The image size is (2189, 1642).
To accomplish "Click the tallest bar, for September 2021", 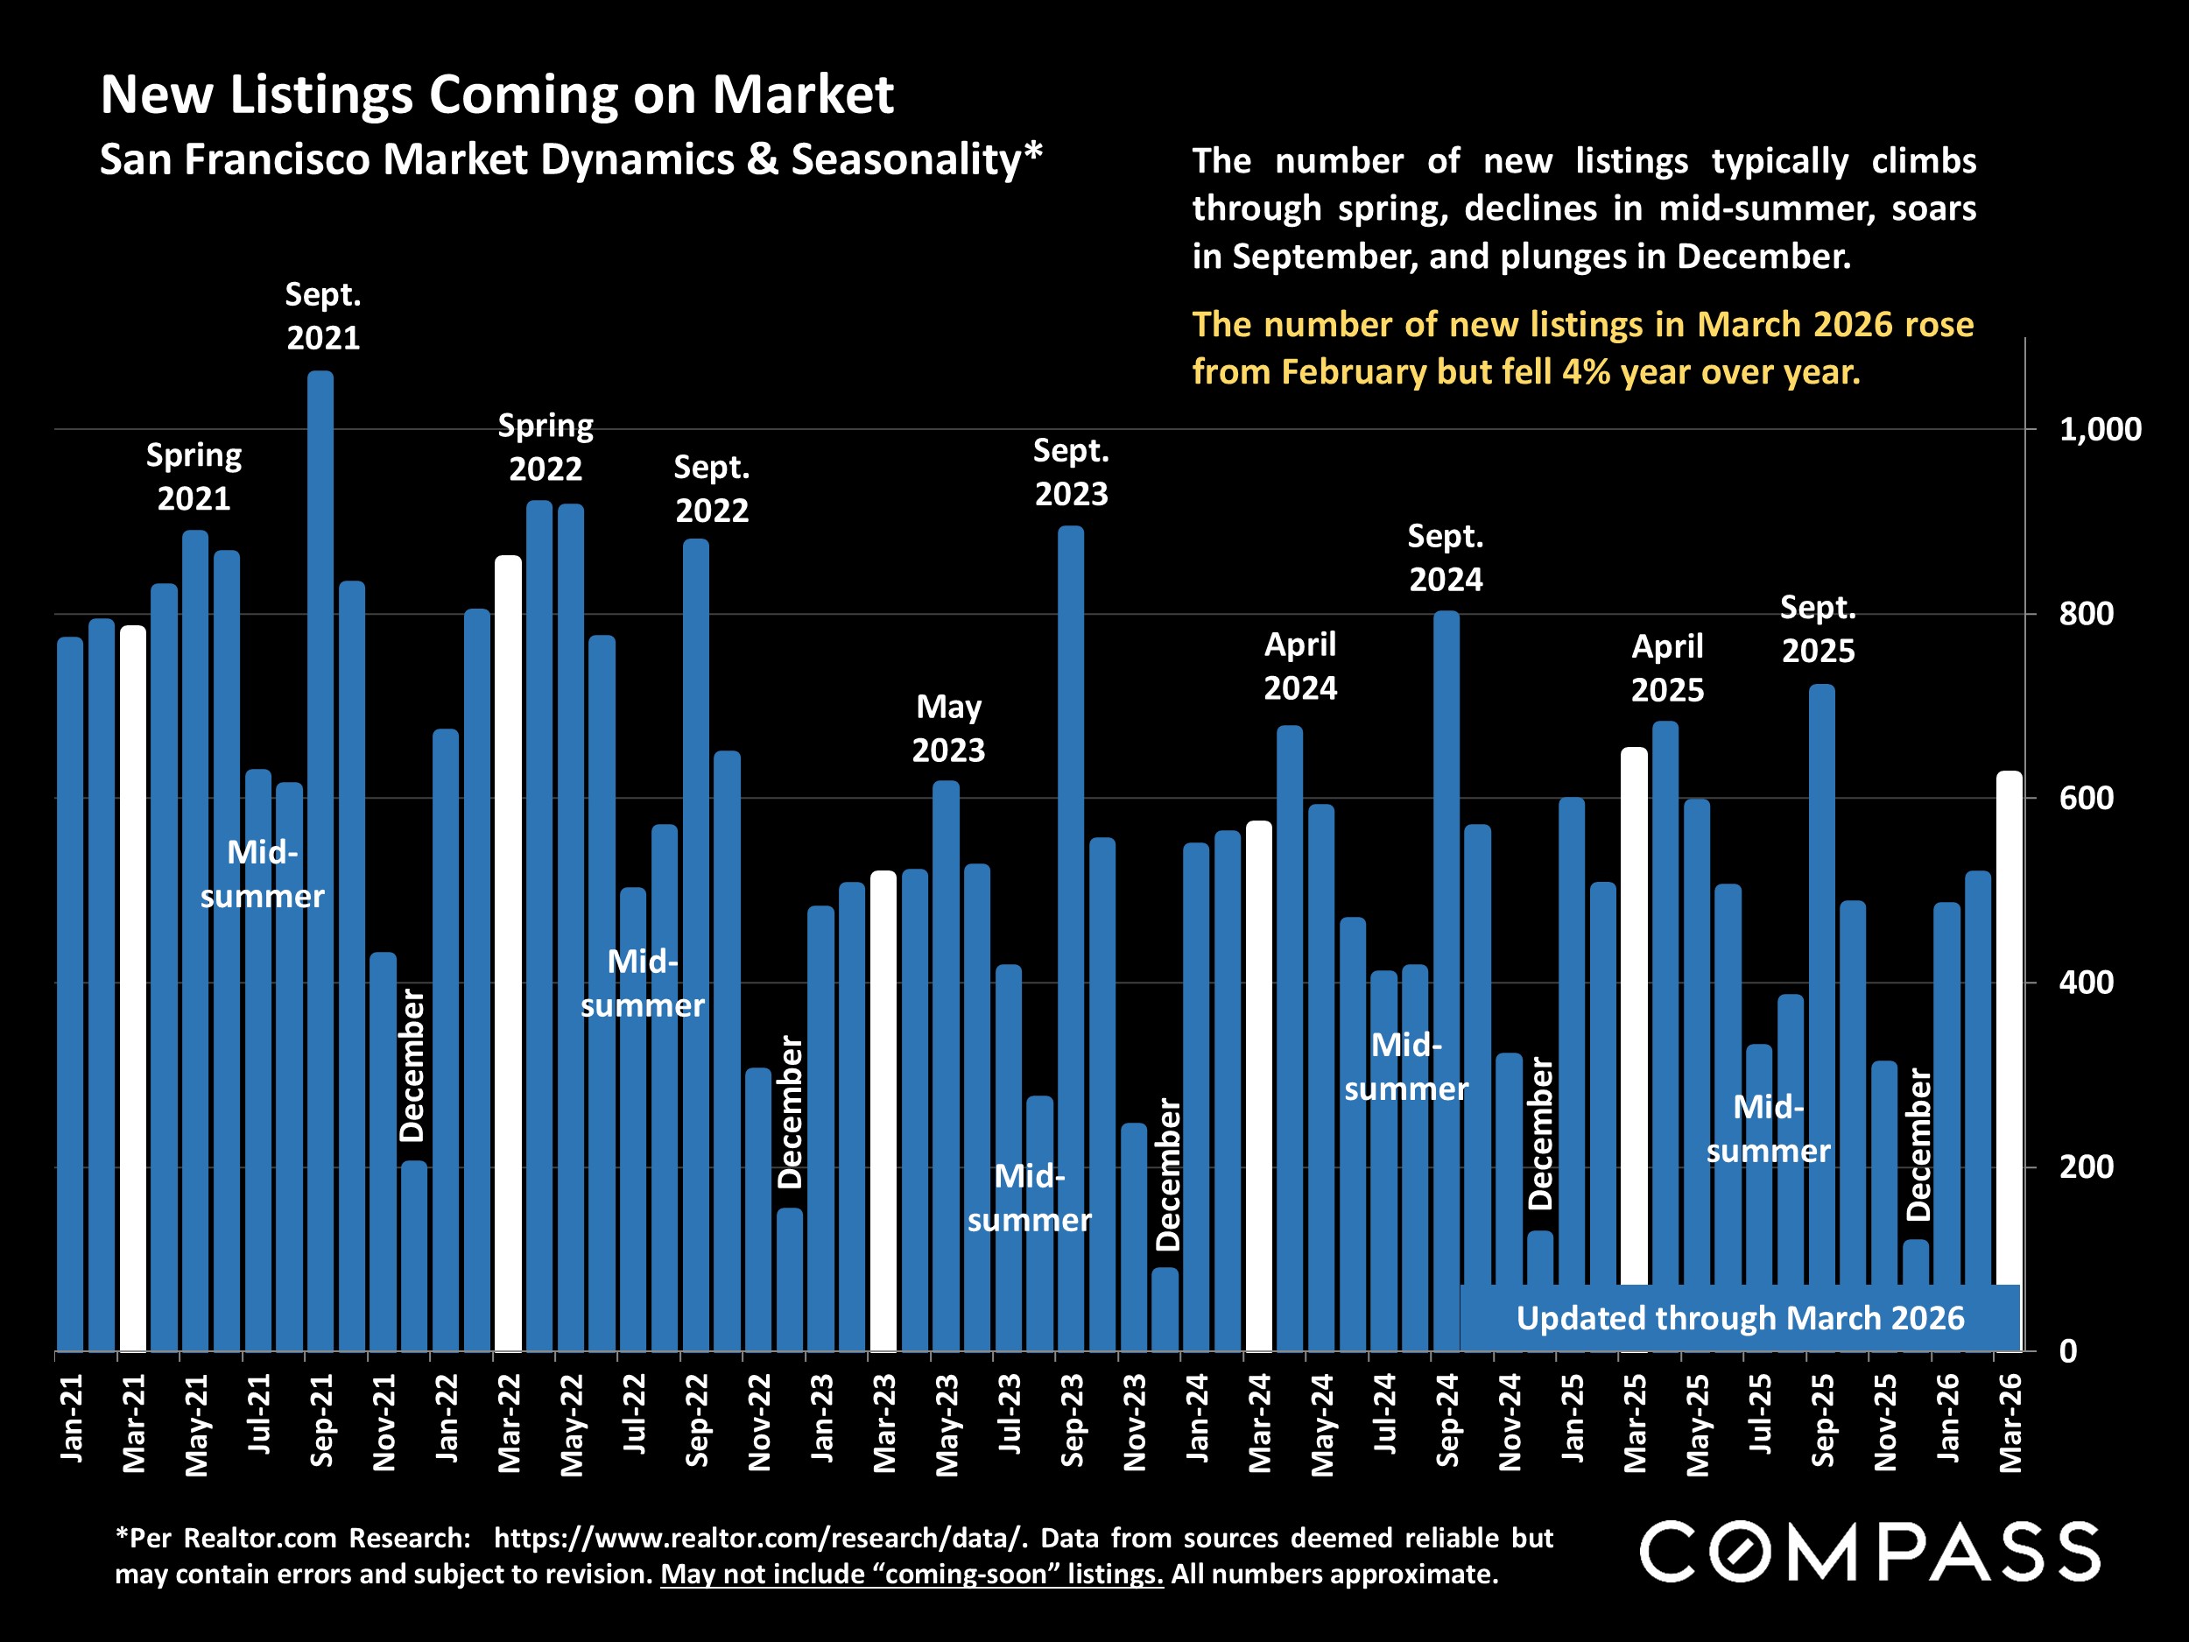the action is click(320, 861).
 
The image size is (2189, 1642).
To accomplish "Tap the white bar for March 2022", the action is click(508, 953).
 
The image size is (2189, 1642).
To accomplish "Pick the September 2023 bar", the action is click(1071, 938).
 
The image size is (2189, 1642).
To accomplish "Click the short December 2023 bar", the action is click(1165, 1309).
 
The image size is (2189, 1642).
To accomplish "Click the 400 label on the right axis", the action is click(2086, 983).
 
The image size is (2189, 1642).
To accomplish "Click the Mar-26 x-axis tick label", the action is click(2010, 1423).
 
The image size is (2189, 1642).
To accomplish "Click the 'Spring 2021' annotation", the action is click(194, 476).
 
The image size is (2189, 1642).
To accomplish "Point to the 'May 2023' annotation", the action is click(948, 729).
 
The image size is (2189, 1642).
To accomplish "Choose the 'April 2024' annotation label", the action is click(1300, 666).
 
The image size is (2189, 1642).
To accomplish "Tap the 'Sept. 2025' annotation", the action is click(1818, 629).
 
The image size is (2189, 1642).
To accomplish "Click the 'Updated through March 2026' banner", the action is click(1740, 1318).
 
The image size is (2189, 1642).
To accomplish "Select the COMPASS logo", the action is click(1869, 1552).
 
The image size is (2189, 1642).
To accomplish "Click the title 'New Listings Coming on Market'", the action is click(496, 95).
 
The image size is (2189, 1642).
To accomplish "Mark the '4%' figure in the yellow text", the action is click(1587, 372).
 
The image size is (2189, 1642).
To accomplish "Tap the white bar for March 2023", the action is click(883, 1111).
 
